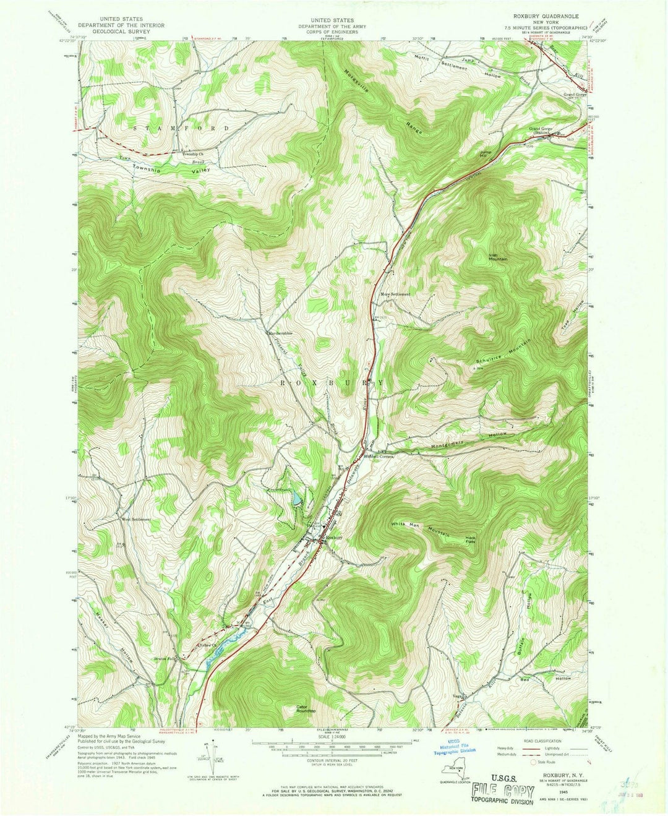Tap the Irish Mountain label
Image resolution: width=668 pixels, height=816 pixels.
click(497, 257)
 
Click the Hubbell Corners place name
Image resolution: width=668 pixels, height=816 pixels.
click(379, 457)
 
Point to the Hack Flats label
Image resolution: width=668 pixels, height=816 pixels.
click(474, 540)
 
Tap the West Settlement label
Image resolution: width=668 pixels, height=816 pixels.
click(136, 519)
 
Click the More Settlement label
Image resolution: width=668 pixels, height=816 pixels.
click(395, 294)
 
